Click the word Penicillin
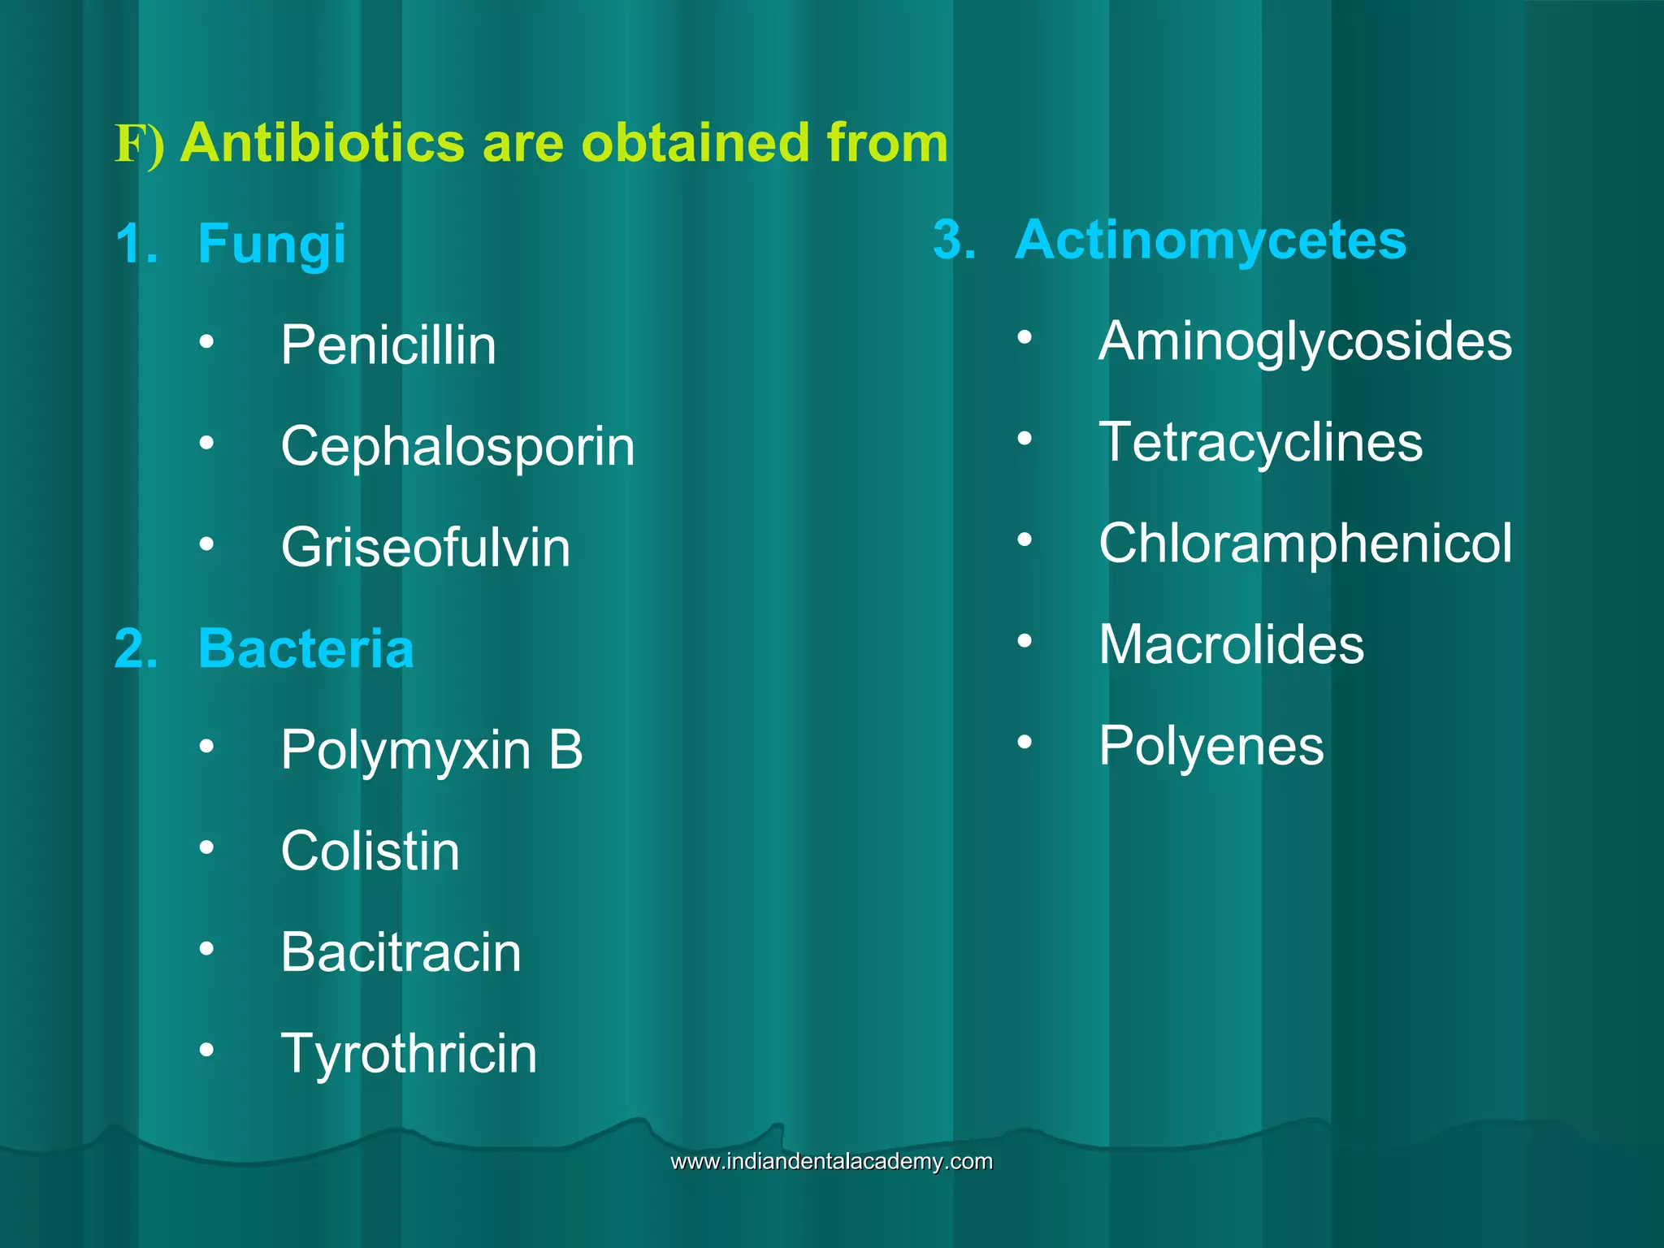click(x=388, y=345)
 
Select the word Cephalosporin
click(x=457, y=446)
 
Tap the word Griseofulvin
click(x=425, y=548)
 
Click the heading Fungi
click(x=271, y=244)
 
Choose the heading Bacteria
click(x=305, y=648)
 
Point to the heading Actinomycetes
click(x=1210, y=240)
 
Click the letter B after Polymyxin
click(x=565, y=749)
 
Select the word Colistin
click(x=370, y=851)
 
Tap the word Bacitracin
click(x=400, y=952)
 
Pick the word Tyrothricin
click(x=408, y=1054)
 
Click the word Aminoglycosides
click(x=1305, y=341)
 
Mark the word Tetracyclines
click(x=1260, y=442)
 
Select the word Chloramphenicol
click(x=1305, y=543)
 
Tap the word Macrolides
click(x=1231, y=644)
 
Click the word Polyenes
click(x=1211, y=745)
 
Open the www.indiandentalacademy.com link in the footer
click(x=831, y=1161)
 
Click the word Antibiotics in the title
click(x=323, y=143)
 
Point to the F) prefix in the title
click(x=139, y=145)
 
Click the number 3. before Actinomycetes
click(x=954, y=240)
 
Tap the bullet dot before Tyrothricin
click(x=207, y=1050)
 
